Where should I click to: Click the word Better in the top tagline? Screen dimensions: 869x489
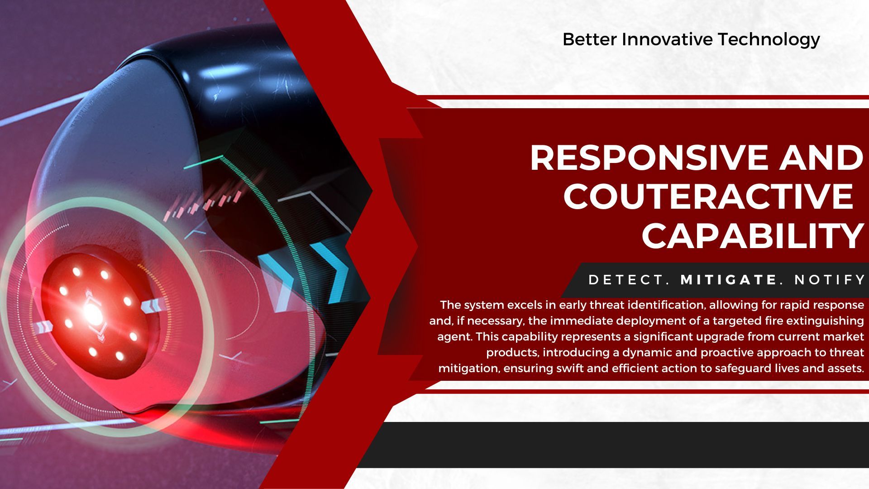tap(589, 39)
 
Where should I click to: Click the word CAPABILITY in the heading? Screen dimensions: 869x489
tap(753, 235)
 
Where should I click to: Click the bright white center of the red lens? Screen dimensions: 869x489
tap(92, 312)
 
